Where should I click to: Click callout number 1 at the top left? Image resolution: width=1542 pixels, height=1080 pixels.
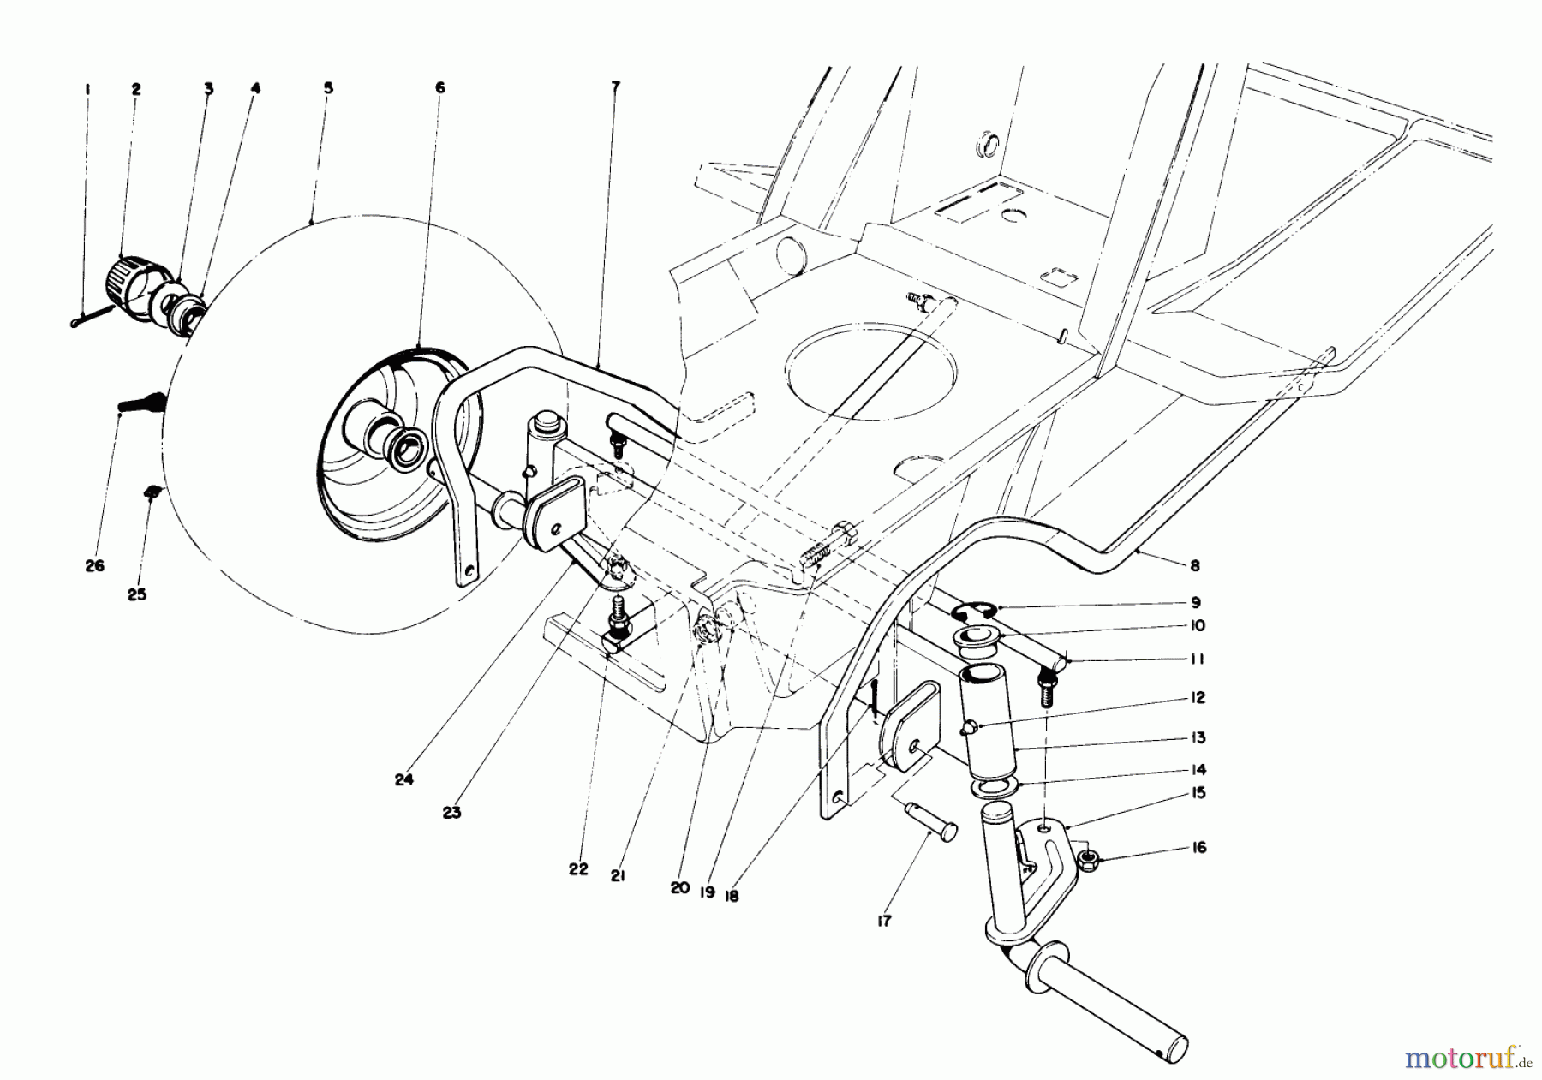pyautogui.click(x=87, y=89)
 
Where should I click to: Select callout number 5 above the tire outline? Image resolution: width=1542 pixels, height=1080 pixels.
pyautogui.click(x=328, y=88)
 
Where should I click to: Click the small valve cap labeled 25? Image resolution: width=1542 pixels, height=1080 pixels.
pyautogui.click(x=152, y=491)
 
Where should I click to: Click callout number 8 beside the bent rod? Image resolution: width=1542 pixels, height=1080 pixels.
pyautogui.click(x=1195, y=565)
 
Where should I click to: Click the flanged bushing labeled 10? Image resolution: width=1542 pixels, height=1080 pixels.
pyautogui.click(x=980, y=637)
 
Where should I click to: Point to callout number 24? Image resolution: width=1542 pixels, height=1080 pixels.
pyautogui.click(x=403, y=779)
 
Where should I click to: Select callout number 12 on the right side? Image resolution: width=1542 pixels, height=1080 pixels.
pyautogui.click(x=1197, y=698)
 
